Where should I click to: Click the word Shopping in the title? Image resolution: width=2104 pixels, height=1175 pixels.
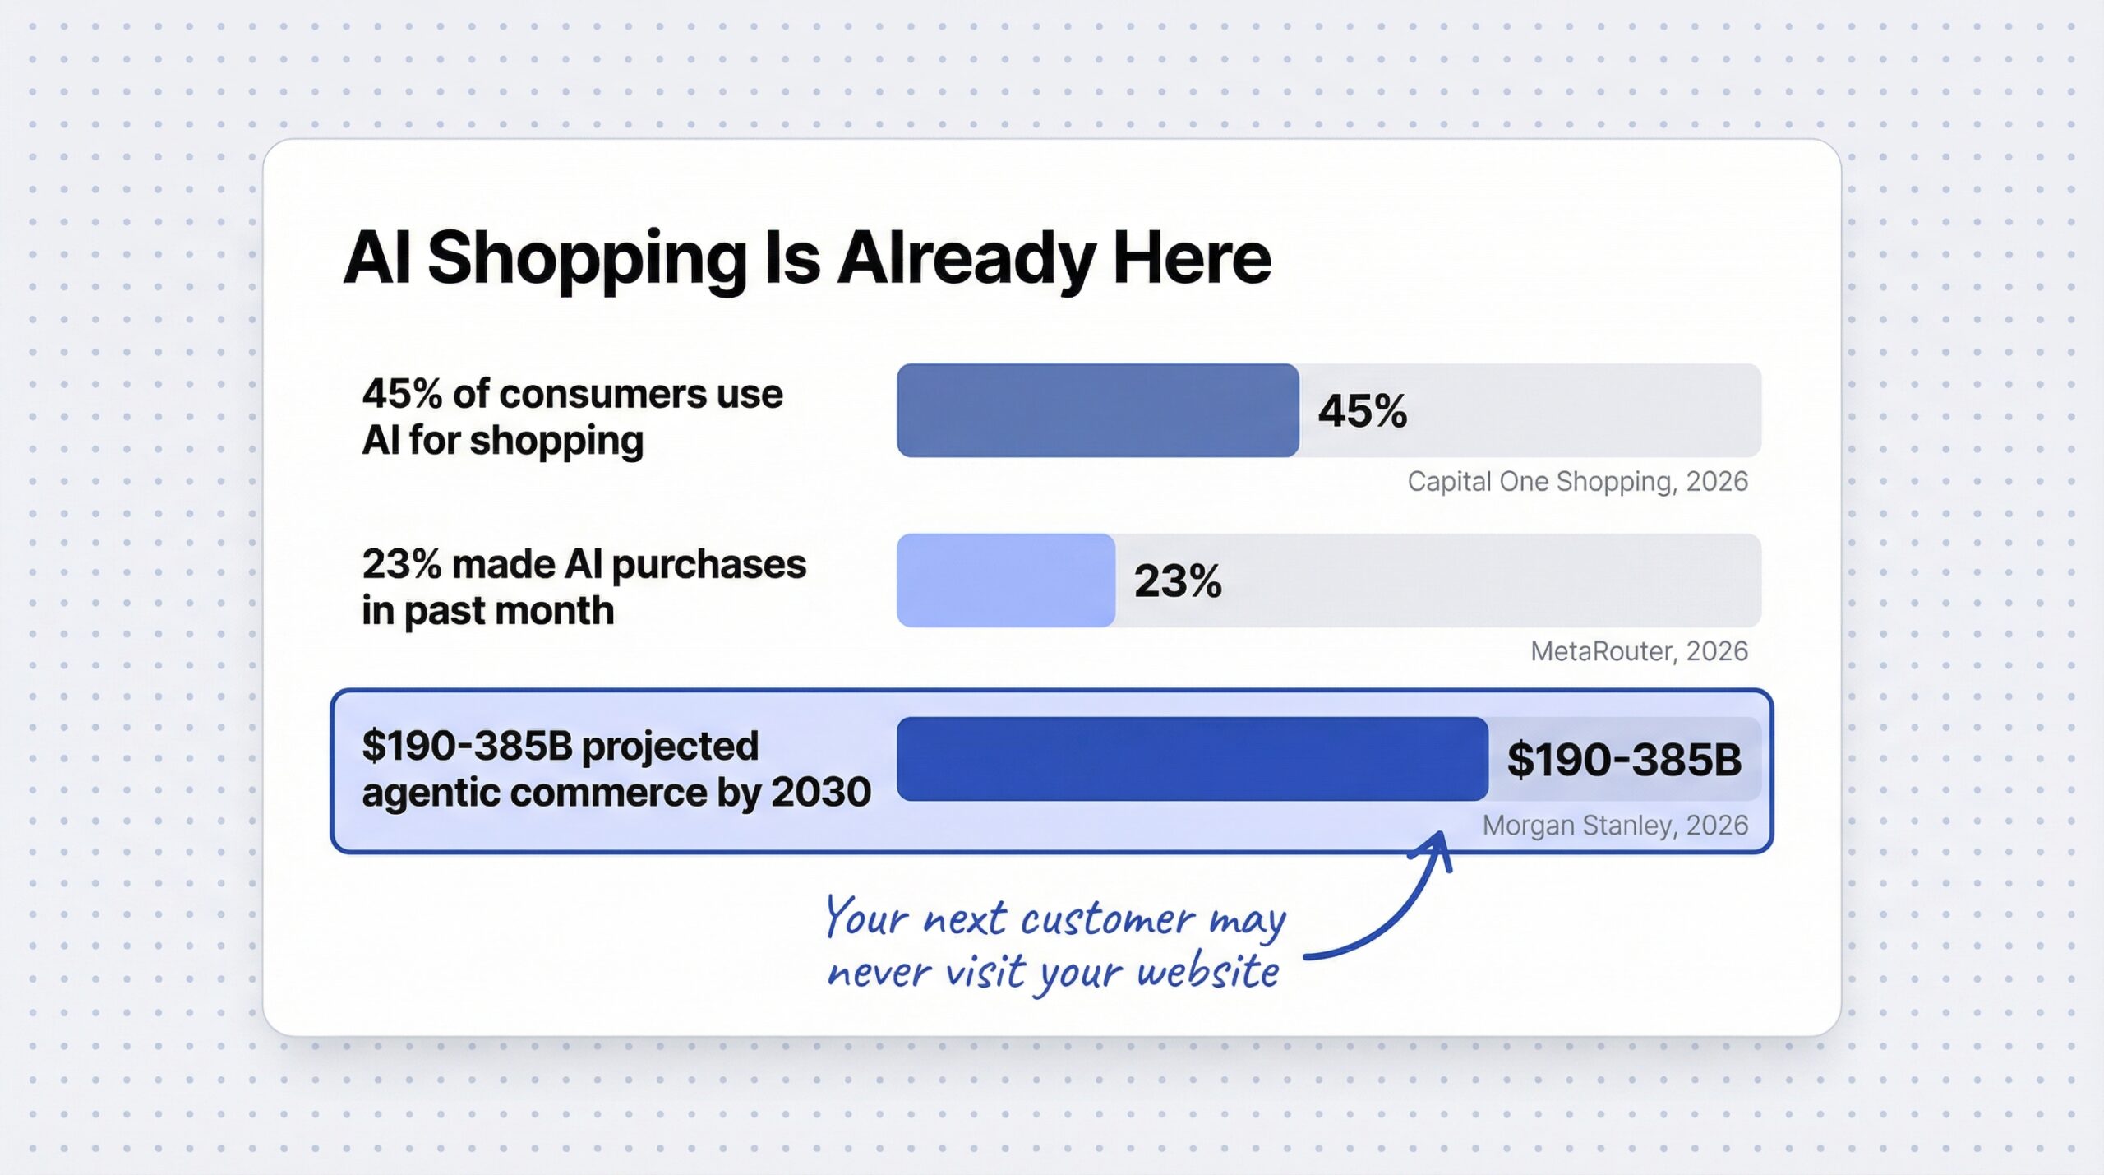coord(586,259)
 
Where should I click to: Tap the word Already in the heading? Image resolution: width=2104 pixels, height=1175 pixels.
coord(966,259)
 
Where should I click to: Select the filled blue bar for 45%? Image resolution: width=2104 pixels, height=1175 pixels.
coord(1097,410)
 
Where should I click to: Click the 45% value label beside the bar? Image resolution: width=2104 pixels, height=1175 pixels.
coord(1362,411)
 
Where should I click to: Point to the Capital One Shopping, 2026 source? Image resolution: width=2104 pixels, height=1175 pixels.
coord(1576,481)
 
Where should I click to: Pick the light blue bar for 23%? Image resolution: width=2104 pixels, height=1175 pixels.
coord(1005,581)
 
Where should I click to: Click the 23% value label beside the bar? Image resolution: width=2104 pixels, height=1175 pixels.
coord(1178,581)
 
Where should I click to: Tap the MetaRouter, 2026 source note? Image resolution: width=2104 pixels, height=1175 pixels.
coord(1638,651)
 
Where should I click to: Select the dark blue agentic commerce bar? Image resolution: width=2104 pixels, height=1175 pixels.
coord(1192,759)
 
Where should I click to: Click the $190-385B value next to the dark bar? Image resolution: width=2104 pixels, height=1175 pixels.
coord(1623,760)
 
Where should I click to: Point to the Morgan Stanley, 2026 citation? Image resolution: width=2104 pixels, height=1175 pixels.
coord(1614,825)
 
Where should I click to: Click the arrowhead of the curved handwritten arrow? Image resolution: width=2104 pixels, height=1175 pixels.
coord(1437,843)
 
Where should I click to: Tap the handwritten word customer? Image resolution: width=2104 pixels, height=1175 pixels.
coord(1107,919)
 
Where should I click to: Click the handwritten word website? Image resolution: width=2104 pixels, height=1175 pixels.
coord(1208,973)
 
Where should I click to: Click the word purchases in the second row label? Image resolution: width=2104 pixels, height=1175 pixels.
coord(708,565)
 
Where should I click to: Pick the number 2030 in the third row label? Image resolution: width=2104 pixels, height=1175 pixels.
coord(820,793)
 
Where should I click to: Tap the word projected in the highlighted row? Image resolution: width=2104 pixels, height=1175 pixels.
coord(670,747)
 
